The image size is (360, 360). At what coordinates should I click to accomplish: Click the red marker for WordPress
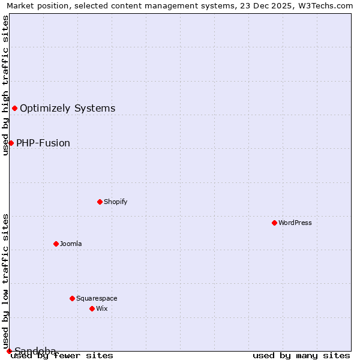274,223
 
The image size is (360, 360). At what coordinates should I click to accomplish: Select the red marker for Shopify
100,202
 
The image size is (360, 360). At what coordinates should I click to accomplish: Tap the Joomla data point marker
56,244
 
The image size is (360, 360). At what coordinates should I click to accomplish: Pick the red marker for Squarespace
72,298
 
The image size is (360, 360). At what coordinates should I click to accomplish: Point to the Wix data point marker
92,308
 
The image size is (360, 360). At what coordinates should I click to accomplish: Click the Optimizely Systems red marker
14,108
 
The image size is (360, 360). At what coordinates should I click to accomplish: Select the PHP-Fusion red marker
11,143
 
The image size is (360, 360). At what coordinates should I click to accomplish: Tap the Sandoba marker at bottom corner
9,351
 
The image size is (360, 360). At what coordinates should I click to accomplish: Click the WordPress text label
295,223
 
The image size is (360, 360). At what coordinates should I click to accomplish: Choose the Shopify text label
116,202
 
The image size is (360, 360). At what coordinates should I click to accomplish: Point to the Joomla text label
71,244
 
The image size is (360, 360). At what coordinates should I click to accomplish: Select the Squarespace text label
97,298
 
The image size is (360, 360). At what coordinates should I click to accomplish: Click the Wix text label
102,308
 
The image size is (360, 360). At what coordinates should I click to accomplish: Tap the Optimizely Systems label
68,108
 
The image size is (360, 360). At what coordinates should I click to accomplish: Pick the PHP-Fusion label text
43,143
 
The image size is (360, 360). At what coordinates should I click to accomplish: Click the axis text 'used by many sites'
301,356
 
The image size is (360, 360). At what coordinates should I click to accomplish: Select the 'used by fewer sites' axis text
62,356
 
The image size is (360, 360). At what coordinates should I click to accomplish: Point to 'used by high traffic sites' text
6,85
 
